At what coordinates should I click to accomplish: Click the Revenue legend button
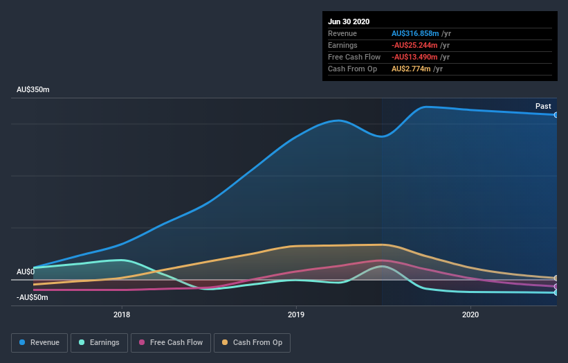(x=39, y=342)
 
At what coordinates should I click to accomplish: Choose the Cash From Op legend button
(x=252, y=342)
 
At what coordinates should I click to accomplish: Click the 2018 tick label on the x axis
(x=122, y=315)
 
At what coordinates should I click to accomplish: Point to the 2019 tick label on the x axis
(x=296, y=315)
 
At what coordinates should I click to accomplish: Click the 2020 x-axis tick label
(x=470, y=315)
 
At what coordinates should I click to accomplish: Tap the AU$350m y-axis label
(x=33, y=90)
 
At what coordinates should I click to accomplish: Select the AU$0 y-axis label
(x=26, y=272)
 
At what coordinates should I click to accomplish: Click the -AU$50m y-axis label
(x=33, y=297)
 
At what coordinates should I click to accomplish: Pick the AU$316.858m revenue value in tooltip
(x=415, y=33)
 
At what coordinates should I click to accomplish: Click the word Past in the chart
(x=543, y=106)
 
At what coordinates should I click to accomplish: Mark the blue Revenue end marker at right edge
(x=556, y=115)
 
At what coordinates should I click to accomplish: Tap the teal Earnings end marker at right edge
(x=556, y=292)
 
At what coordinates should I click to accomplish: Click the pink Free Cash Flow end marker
(x=556, y=286)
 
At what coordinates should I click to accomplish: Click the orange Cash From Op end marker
(x=556, y=278)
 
